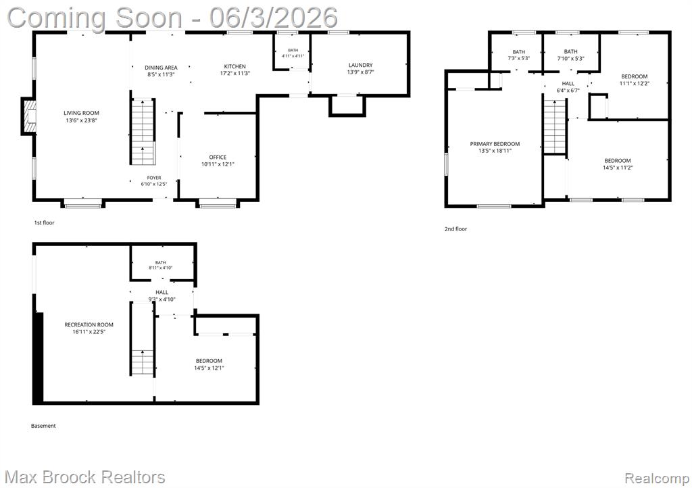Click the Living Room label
pos(81,113)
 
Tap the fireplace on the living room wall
pos(28,116)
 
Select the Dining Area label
pos(161,68)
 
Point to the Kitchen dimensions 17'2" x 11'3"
pos(234,73)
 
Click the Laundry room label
pos(361,65)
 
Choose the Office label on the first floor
pos(218,157)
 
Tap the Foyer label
pos(154,178)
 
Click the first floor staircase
pos(143,132)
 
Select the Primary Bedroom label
pos(495,144)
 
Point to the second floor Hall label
pos(568,83)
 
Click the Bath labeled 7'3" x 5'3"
pos(518,55)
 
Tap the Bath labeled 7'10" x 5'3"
pos(570,55)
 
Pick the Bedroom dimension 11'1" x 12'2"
pos(634,83)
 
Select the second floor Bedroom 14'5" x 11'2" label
pos(618,164)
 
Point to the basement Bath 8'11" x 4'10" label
pos(160,265)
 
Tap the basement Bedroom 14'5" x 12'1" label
pos(209,364)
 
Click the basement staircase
pos(142,339)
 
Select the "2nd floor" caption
pos(455,229)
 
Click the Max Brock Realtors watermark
pos(84,477)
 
